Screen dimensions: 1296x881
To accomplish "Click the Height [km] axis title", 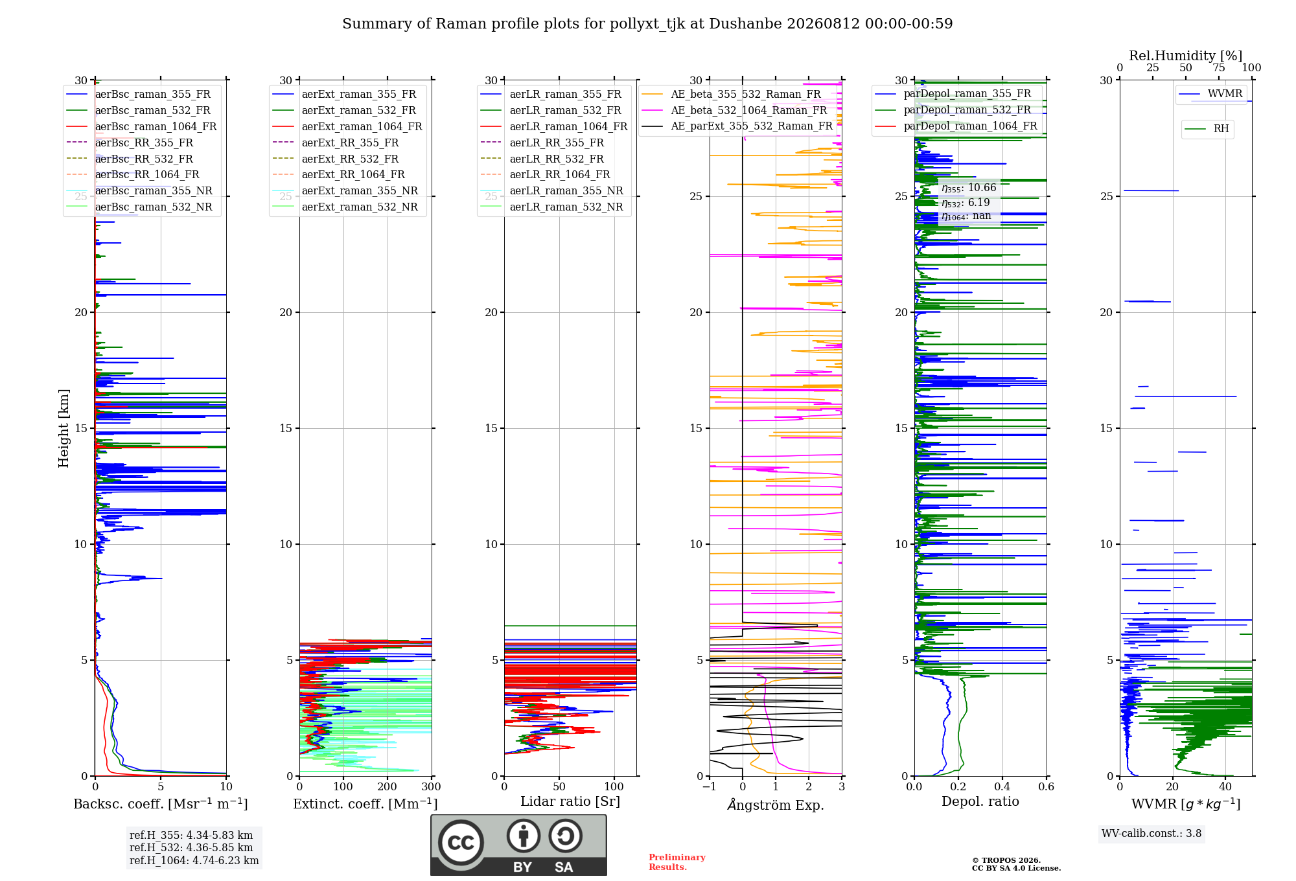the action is [x=64, y=428].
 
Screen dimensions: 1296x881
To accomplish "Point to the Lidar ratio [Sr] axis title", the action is [x=570, y=801].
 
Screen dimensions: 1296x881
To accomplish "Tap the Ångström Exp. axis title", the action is [x=776, y=805].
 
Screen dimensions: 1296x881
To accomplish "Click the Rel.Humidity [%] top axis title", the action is [x=1186, y=56].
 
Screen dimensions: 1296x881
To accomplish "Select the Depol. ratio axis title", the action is [x=980, y=801].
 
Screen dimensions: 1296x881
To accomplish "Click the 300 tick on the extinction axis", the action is [x=431, y=786].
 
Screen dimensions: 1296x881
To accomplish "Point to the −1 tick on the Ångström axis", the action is [x=710, y=786].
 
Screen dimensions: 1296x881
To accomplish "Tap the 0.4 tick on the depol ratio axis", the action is [x=1002, y=786].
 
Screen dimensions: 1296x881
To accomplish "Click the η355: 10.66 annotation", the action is [x=969, y=188].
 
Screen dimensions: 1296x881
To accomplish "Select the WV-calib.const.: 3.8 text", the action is [x=1151, y=834].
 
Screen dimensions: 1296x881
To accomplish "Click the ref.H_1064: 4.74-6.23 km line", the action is [x=194, y=861].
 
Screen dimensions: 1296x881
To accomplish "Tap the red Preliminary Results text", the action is [x=677, y=862].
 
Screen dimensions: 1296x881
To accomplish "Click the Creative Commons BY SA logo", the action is [x=518, y=845].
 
